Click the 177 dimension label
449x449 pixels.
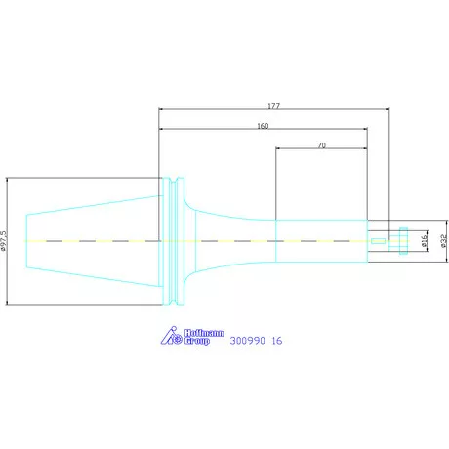click(273, 106)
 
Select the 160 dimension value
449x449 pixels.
click(263, 126)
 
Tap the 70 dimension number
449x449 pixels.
click(321, 145)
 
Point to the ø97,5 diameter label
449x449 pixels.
click(4, 241)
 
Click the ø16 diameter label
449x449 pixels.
click(424, 241)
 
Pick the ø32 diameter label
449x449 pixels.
click(444, 241)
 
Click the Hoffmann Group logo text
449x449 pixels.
click(204, 337)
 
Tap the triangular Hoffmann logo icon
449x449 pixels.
click(172, 336)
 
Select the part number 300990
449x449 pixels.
click(247, 341)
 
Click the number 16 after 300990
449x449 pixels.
click(277, 341)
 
